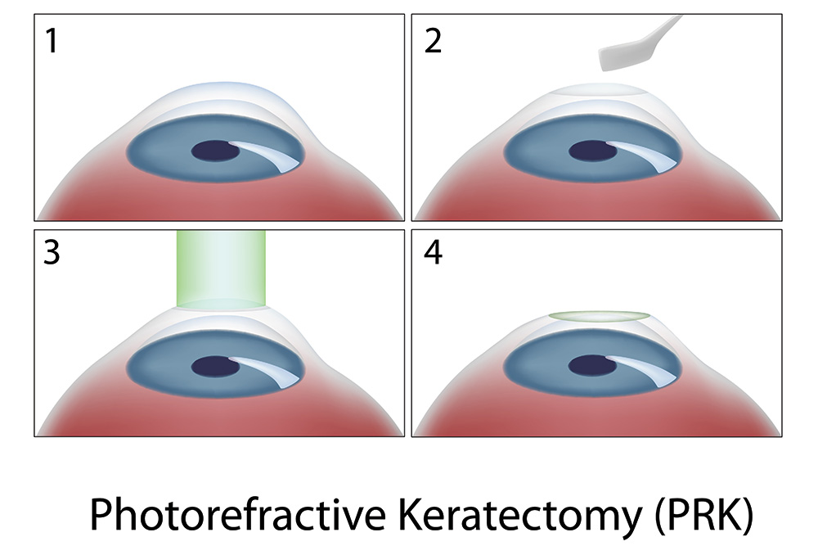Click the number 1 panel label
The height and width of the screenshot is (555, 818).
pyautogui.click(x=51, y=41)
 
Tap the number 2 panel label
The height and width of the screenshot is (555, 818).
pyautogui.click(x=433, y=41)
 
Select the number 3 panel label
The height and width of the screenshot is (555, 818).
pyautogui.click(x=51, y=252)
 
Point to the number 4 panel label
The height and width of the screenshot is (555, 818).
pyautogui.click(x=433, y=252)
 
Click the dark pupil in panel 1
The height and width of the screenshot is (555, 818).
pyautogui.click(x=215, y=151)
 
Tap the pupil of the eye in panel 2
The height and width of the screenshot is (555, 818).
pyautogui.click(x=592, y=151)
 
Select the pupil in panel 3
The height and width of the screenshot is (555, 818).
pyautogui.click(x=215, y=367)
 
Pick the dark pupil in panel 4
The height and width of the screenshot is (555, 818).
pyautogui.click(x=592, y=366)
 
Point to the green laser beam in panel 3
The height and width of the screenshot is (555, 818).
pyautogui.click(x=221, y=269)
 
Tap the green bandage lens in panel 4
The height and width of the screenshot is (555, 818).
pyautogui.click(x=600, y=316)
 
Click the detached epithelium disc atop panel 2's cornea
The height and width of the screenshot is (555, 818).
pyautogui.click(x=600, y=90)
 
